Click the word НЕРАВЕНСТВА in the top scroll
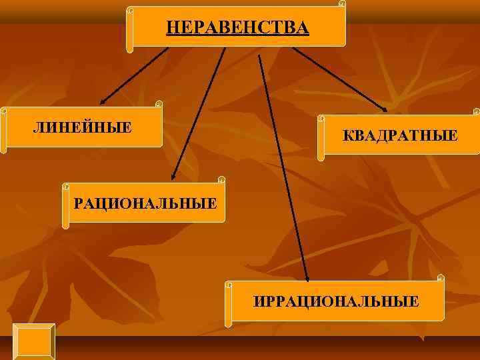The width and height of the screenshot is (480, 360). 237,27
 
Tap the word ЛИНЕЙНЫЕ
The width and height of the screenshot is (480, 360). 83,127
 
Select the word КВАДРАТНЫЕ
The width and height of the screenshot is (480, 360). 400,136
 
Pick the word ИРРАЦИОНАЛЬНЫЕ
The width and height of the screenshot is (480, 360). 337,301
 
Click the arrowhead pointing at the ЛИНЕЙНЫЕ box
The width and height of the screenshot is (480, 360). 103,102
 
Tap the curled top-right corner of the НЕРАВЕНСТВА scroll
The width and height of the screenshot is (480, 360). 342,4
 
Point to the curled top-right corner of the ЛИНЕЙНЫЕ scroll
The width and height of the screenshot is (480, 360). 159,104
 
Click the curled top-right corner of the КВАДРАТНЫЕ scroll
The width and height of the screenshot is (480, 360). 476,111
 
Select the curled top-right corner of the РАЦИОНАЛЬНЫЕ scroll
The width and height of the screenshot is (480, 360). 221,180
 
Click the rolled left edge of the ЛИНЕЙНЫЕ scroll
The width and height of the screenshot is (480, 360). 4,130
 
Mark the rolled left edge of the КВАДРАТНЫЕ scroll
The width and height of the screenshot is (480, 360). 321,137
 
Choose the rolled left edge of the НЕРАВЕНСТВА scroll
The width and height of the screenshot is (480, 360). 130,30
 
